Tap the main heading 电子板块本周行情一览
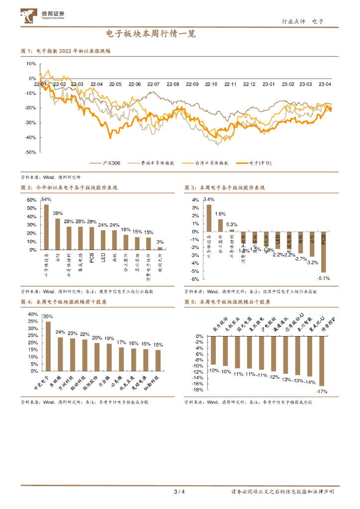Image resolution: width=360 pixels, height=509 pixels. (151, 34)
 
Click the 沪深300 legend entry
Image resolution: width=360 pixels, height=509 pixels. (107, 163)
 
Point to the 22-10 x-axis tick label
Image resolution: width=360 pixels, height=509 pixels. (211, 85)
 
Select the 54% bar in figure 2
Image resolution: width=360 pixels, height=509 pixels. (46, 227)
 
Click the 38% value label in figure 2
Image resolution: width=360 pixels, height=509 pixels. (58, 213)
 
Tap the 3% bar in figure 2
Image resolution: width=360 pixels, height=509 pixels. (160, 248)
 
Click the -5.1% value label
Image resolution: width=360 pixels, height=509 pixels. (324, 277)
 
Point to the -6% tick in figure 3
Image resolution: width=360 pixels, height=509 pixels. (195, 279)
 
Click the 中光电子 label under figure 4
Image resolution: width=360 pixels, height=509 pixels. (41, 383)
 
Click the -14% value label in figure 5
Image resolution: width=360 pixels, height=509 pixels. (309, 382)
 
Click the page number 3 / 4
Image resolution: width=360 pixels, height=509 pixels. (180, 492)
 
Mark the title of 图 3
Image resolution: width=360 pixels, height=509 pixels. (225, 188)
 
